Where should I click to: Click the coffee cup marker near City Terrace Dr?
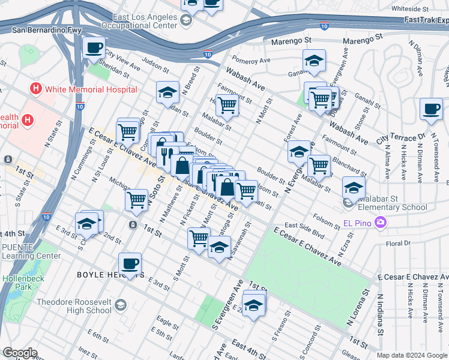[430, 110]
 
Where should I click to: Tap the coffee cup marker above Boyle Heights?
[130, 265]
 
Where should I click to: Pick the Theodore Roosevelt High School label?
[74, 306]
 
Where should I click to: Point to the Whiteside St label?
[409, 9]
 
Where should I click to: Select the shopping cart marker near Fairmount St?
[227, 106]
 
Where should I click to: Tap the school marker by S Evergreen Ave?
[253, 306]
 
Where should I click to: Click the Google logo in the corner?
[20, 353]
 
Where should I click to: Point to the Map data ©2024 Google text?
[412, 355]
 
